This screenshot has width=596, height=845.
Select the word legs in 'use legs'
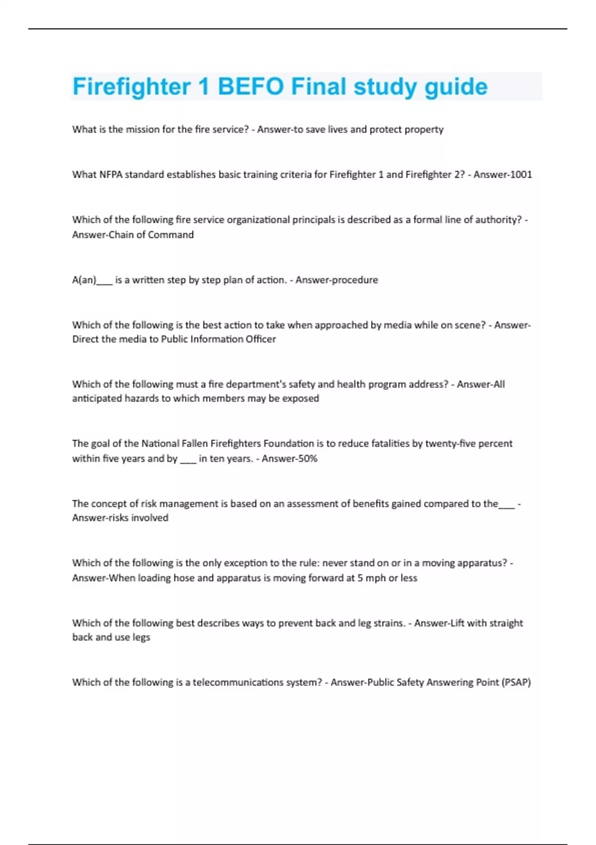(141, 637)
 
